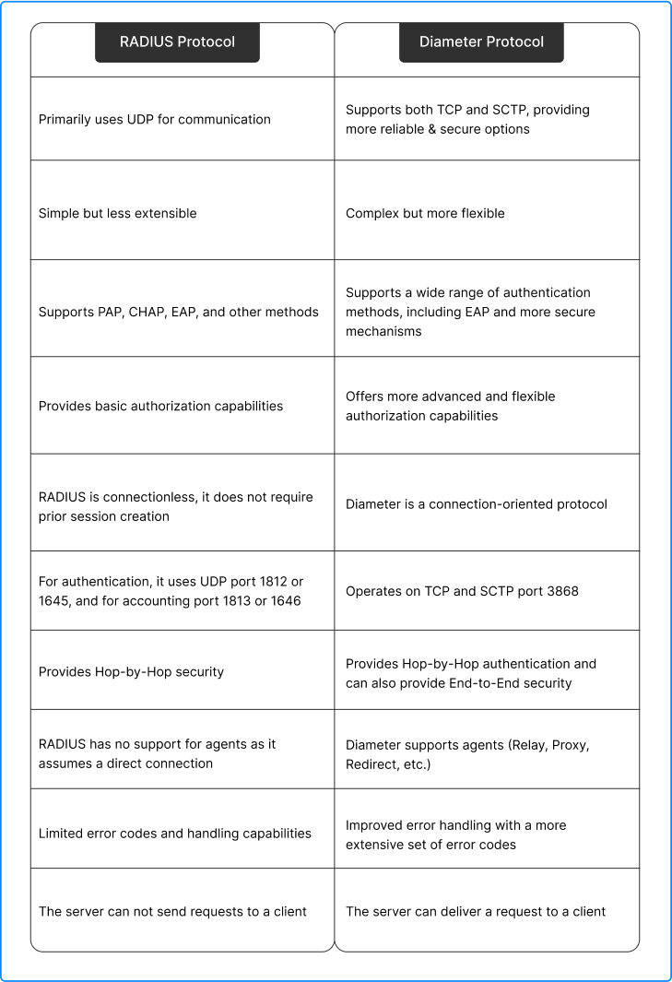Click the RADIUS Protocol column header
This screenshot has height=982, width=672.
pyautogui.click(x=177, y=42)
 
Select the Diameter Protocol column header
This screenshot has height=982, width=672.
pyautogui.click(x=481, y=42)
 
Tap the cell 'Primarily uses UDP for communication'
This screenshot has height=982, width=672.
pyautogui.click(x=155, y=119)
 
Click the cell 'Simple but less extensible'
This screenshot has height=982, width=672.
pyautogui.click(x=118, y=213)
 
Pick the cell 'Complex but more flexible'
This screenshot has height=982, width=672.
pyautogui.click(x=425, y=213)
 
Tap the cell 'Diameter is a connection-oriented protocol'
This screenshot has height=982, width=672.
pyautogui.click(x=477, y=504)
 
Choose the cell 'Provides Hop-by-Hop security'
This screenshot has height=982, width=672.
pyautogui.click(x=131, y=671)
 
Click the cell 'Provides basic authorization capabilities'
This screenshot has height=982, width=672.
pyautogui.click(x=160, y=406)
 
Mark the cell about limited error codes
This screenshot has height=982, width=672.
pyautogui.click(x=175, y=833)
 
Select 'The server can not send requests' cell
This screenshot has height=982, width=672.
pyautogui.click(x=172, y=911)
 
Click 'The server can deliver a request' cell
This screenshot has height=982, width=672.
pyautogui.click(x=476, y=911)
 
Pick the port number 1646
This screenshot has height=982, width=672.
pyautogui.click(x=282, y=600)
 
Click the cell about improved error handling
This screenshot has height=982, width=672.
pyautogui.click(x=456, y=834)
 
